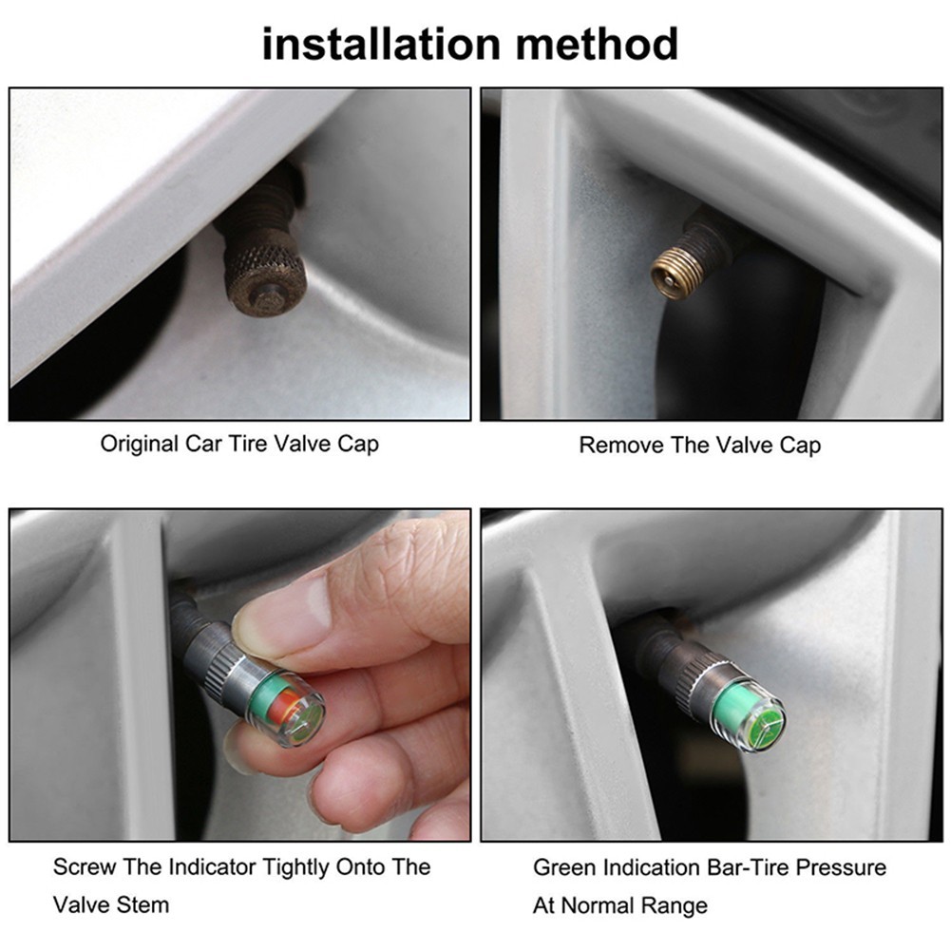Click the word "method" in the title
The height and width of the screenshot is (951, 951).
click(x=597, y=44)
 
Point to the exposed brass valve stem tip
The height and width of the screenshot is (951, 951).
click(x=675, y=275)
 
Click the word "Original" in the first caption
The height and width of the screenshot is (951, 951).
click(x=140, y=445)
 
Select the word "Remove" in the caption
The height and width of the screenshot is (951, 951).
click(x=621, y=446)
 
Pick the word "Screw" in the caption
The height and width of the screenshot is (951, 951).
click(x=85, y=866)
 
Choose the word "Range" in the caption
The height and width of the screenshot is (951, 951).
click(x=675, y=906)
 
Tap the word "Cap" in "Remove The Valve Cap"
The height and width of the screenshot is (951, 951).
click(x=800, y=446)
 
